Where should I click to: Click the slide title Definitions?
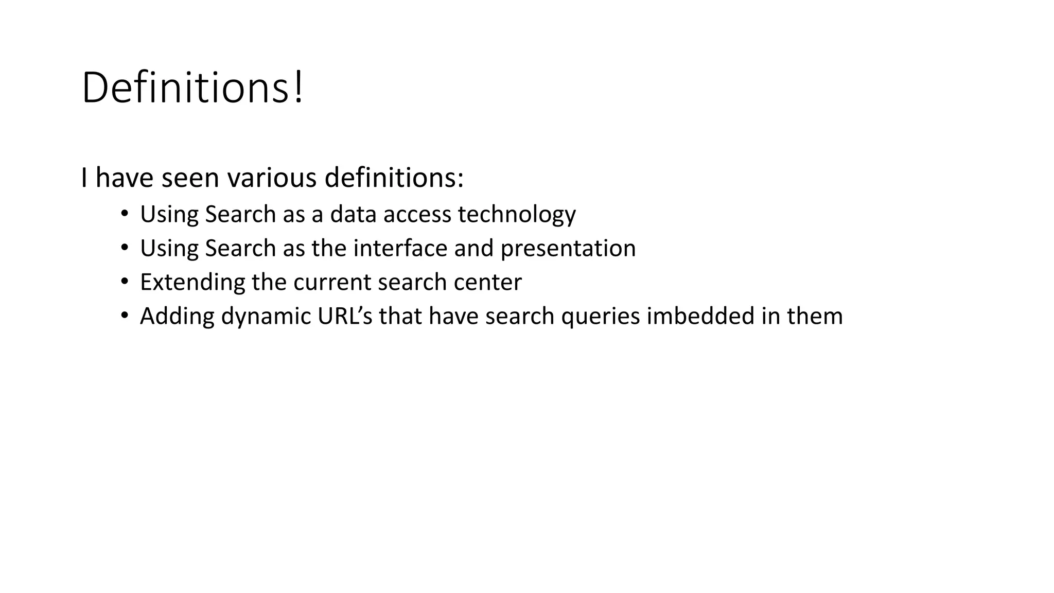tap(192, 88)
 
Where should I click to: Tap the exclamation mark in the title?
tap(298, 88)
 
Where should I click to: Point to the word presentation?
tap(568, 249)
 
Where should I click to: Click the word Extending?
tap(192, 283)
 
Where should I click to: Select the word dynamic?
tap(266, 317)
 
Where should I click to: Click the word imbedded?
tap(700, 316)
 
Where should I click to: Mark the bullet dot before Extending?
tap(124, 282)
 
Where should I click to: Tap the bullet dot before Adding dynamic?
tap(124, 316)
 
